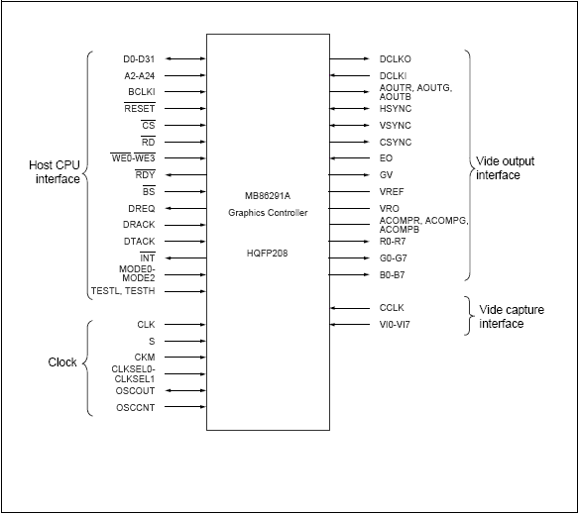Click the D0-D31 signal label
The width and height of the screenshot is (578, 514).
[x=139, y=59]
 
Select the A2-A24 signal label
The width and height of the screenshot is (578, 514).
[x=139, y=75]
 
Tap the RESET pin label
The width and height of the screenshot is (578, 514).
[x=140, y=109]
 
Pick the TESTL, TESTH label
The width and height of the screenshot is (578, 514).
[x=122, y=291]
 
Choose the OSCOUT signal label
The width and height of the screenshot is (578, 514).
[x=136, y=390]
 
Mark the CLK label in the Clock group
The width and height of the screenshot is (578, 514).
[x=146, y=324]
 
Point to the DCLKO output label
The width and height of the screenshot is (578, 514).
[x=397, y=59]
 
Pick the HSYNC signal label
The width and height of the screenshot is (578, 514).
[x=395, y=108]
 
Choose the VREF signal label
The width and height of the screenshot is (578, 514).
[x=392, y=191]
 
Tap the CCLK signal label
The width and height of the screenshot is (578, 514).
[x=393, y=308]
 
